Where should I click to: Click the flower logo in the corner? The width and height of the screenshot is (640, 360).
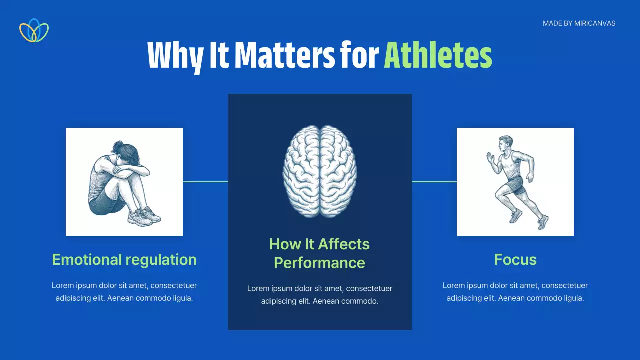pos(34,31)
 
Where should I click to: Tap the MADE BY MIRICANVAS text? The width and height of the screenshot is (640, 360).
pos(579,23)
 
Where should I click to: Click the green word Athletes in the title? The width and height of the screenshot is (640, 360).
pos(438,55)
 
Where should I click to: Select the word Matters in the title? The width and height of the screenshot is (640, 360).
pos(285,55)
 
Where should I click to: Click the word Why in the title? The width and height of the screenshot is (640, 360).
pos(175,57)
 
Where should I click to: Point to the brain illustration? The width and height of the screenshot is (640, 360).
pos(319,171)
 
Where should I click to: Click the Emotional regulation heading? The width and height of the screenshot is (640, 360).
pos(124,260)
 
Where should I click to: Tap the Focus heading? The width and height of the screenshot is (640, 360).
pos(515,259)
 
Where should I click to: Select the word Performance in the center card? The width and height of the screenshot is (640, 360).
pos(319,263)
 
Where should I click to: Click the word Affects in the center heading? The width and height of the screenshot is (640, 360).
pos(344,244)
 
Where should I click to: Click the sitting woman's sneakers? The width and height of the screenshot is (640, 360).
pos(145,217)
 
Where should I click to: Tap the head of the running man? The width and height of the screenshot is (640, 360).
pos(505,145)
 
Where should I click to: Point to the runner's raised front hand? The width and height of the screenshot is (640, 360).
pos(490,158)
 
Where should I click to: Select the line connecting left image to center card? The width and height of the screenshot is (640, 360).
pos(205,181)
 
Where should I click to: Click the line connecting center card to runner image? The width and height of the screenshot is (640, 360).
pos(434,181)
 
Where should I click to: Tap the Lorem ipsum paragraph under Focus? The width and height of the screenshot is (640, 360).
pos(515,292)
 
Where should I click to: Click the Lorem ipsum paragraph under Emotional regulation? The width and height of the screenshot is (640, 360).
pos(124,292)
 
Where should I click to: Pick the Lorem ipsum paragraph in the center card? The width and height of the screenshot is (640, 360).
pos(320,295)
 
